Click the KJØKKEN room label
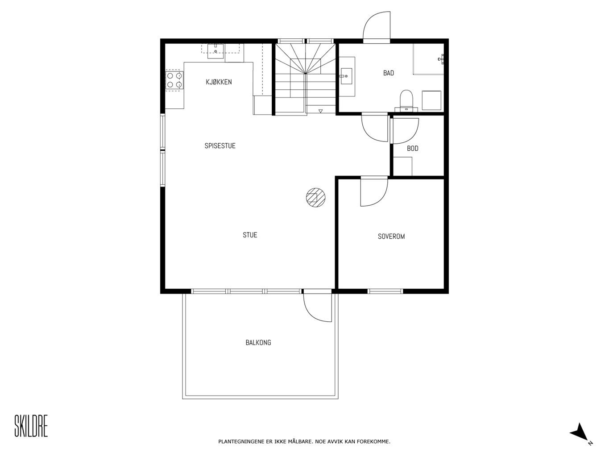(219, 82)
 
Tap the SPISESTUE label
(220, 145)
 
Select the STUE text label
(250, 235)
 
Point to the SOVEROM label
(391, 237)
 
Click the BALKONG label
(258, 343)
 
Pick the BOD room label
(413, 149)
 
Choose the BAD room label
(389, 73)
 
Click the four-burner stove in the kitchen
(174, 80)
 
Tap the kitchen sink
(215, 51)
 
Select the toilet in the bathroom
(406, 100)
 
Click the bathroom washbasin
(346, 76)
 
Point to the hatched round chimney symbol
(315, 198)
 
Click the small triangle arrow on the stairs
(320, 111)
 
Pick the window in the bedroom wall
(385, 291)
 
